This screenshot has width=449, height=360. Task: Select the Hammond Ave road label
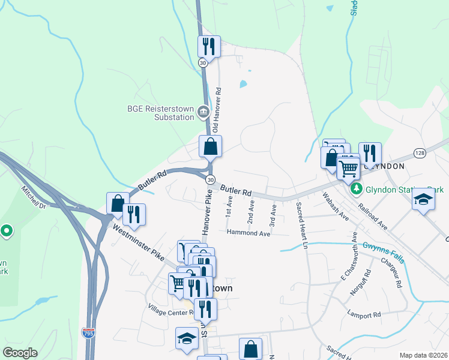(249, 233)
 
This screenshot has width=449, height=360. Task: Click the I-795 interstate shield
(88, 332)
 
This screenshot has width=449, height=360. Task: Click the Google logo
(20, 353)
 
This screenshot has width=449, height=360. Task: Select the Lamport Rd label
(364, 314)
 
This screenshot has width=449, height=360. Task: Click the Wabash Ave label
(336, 205)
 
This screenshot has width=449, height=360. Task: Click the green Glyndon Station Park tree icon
(357, 189)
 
